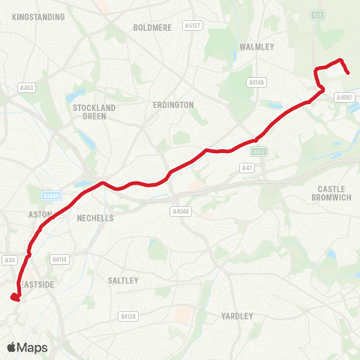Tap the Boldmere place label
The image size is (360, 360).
coord(152,27)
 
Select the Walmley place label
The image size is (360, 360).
coord(256,46)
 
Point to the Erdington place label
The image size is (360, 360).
coord(172,105)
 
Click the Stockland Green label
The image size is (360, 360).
coord(94,112)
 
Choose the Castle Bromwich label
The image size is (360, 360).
coord(330,193)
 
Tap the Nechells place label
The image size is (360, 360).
coord(95,218)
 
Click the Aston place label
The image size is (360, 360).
coord(39,214)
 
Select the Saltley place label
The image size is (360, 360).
coord(124,280)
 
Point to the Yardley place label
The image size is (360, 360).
coord(238,316)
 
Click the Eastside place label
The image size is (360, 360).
coord(36,284)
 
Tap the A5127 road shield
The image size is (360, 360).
coord(193,25)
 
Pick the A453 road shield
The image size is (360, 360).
coord(27,88)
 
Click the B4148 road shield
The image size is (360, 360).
coord(256,82)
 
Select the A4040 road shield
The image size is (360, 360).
coord(181,211)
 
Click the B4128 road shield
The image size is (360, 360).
coord(127,317)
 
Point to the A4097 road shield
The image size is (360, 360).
coord(343,97)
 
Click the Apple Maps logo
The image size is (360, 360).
coord(27,347)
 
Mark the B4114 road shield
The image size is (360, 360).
coord(59,259)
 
